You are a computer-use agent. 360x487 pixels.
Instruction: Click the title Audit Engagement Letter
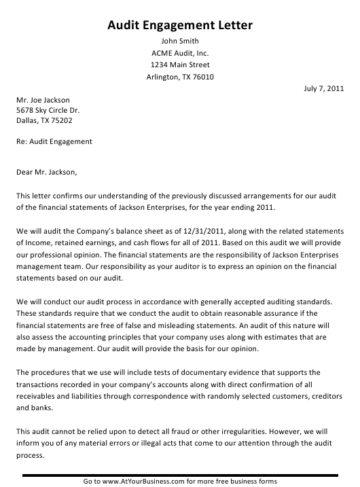pos(180,26)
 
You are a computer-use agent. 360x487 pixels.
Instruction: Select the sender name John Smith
pos(180,40)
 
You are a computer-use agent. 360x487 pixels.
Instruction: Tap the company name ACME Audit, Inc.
pos(180,52)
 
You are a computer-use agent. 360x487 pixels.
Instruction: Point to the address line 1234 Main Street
pos(180,65)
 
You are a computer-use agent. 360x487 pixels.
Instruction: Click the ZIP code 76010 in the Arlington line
pos(203,77)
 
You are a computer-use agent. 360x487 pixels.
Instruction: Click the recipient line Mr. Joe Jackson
pos(43,101)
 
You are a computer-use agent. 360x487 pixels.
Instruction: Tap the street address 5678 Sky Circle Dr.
pos(48,111)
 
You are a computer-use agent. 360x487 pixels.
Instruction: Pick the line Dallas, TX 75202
pos(45,121)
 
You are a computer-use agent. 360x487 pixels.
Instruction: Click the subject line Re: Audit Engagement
pos(54,142)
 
